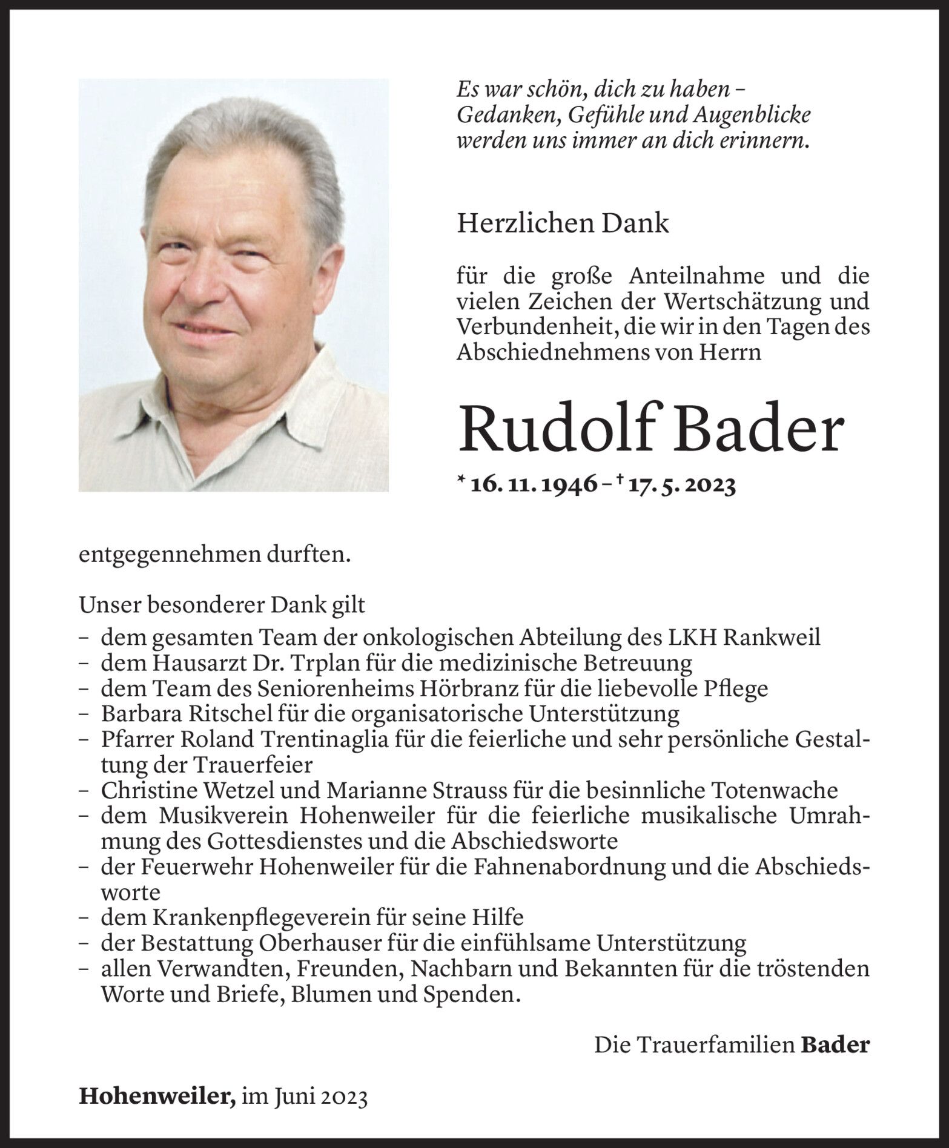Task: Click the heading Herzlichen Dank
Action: pyautogui.click(x=563, y=224)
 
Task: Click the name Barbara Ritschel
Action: pyautogui.click(x=187, y=714)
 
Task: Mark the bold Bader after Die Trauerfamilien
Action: pyautogui.click(x=835, y=1044)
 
